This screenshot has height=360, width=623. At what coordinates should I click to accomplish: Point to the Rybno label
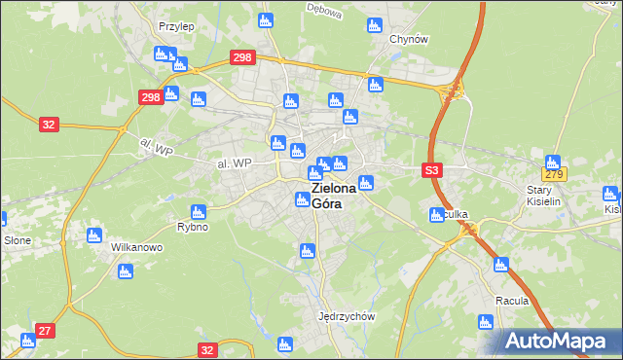(193, 227)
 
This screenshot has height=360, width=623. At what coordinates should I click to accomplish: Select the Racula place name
(511, 301)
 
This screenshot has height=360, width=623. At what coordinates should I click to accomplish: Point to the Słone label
(17, 239)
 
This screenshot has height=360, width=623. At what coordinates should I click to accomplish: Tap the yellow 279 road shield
(555, 174)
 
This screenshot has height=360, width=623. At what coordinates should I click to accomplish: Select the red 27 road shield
(45, 331)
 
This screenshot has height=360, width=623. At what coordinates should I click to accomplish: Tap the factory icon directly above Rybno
(199, 211)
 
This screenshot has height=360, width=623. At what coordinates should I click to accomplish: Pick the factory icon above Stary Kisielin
(553, 162)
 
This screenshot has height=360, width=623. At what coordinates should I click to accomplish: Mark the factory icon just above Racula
(501, 264)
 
